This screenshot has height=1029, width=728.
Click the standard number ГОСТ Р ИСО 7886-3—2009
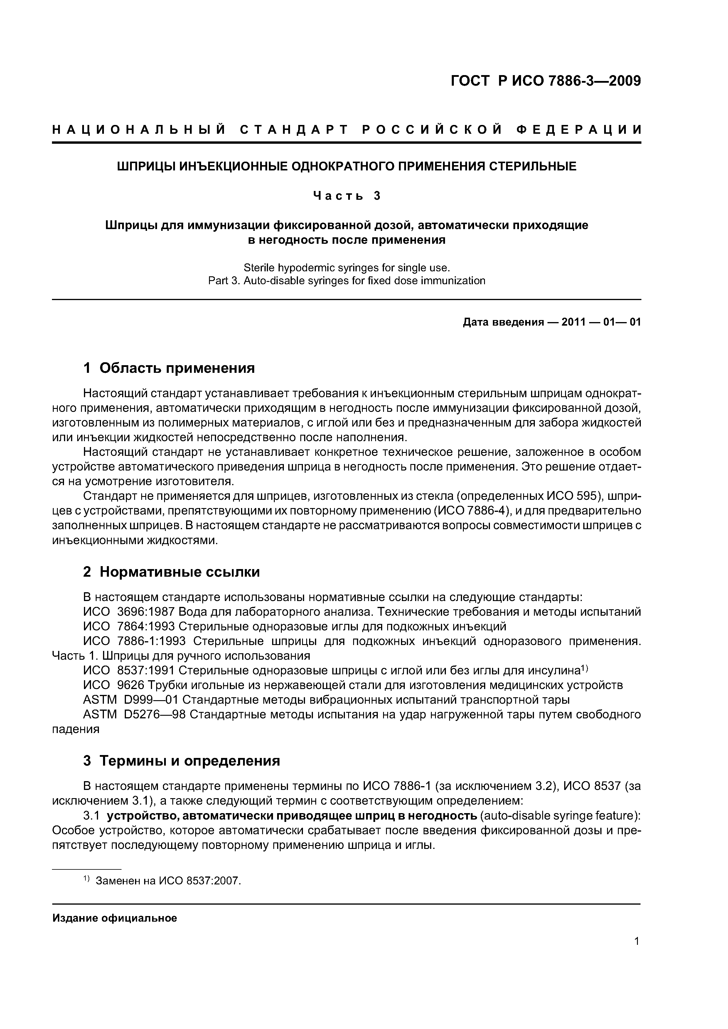click(x=545, y=81)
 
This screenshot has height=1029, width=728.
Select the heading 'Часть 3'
click(x=347, y=196)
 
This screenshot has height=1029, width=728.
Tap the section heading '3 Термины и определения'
click(x=182, y=761)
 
